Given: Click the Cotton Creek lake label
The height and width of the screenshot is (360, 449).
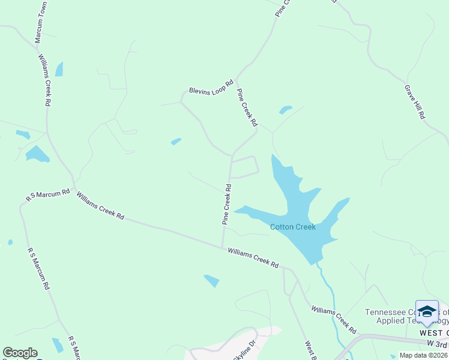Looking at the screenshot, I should coord(292,227).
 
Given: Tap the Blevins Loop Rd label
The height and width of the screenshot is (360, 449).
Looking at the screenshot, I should coord(211,88).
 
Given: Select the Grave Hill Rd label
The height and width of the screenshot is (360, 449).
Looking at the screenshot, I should coord(414,101).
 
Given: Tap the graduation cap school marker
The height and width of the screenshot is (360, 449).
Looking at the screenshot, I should coord(427,311).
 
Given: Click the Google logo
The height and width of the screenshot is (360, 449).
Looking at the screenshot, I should coord(20,353).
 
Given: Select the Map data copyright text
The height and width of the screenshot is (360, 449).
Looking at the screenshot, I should coord(423,355).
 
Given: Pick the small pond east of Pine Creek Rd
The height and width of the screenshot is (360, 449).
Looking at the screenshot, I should coord(285,110).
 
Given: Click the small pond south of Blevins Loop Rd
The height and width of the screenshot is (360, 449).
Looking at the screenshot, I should coord(176,142).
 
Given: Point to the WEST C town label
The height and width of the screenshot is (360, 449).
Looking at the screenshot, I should coord(433,333).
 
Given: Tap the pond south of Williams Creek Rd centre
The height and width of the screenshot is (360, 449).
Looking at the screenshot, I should coord(212,280).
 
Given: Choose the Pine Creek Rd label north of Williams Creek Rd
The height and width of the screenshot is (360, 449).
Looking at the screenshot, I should coord(227,205).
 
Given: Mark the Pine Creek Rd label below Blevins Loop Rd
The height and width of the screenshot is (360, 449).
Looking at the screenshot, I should coord(247,107).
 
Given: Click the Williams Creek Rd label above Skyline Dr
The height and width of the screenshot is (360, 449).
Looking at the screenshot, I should coord(333,320).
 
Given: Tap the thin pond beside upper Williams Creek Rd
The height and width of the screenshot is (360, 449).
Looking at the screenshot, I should coord(59,69).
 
